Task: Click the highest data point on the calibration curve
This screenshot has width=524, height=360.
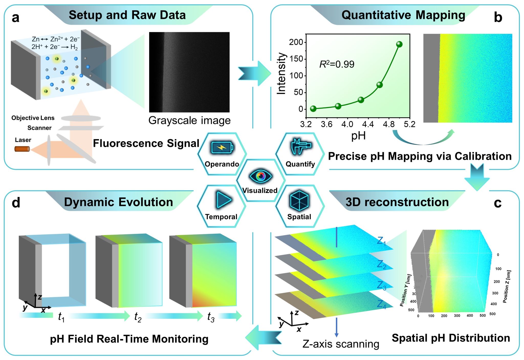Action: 399,44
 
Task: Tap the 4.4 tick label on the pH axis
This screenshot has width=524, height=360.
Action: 368,124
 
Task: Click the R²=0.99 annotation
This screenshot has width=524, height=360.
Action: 337,64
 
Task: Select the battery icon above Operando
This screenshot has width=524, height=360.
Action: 222,148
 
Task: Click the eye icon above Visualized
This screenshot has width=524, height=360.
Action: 260,176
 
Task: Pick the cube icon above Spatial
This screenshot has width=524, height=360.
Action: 299,200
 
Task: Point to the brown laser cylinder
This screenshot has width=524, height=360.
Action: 22,149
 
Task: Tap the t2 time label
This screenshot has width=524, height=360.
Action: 138,317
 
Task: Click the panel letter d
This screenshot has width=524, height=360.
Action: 16,202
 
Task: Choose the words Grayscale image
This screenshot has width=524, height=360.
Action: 189,120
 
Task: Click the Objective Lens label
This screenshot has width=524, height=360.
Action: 33,118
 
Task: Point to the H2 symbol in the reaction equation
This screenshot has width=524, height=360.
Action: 74,47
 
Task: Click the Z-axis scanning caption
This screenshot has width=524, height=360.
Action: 341,344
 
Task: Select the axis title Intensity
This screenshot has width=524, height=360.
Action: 281,74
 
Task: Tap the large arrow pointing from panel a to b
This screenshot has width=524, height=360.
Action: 254,73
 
